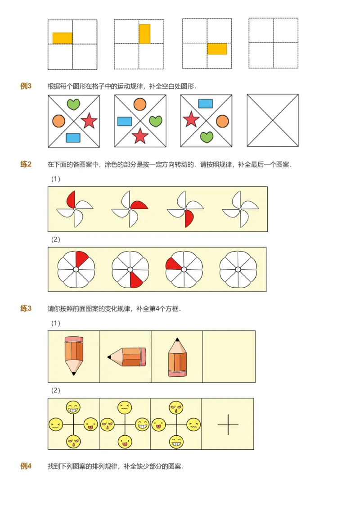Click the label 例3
tap(26, 86)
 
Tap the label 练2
tap(26, 164)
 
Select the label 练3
tap(26, 308)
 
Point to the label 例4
tap(26, 466)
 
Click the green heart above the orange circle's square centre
tap(73, 104)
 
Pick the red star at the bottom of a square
tap(140, 135)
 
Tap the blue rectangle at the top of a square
tap(206, 104)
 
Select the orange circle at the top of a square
tap(140, 104)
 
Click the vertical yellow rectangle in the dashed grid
tap(144, 34)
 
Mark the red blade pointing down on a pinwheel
tap(189, 218)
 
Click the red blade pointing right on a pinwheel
tap(140, 206)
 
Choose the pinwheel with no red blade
tap(240, 209)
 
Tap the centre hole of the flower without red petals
tap(238, 270)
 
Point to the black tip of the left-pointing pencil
tap(109, 357)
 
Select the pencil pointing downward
tap(74, 355)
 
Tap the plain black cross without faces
tap(228, 424)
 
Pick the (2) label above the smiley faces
tap(56, 390)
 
